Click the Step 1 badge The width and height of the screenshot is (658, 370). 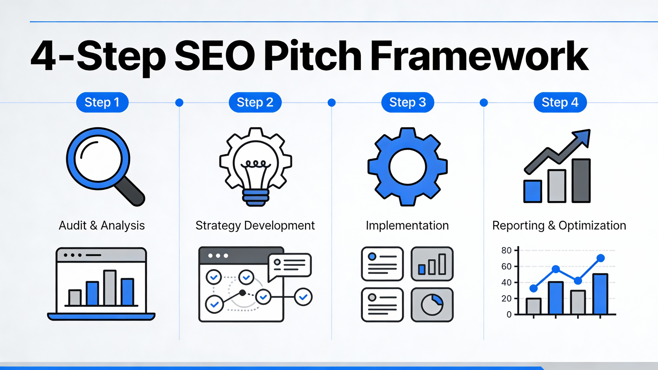pos(102,103)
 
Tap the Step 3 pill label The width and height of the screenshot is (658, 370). pos(407,103)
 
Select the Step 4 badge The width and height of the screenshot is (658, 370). pos(560,103)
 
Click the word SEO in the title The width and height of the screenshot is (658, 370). pos(215,56)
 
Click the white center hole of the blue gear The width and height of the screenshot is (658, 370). pos(407,167)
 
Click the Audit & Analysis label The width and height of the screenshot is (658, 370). pos(102,225)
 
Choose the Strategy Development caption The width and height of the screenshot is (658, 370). pos(255,225)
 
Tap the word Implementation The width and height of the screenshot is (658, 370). pos(407,225)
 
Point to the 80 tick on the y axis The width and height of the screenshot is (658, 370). pos(506,250)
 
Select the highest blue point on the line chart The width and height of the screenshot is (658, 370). pos(601,258)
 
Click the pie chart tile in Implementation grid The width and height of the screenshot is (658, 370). pos(432,305)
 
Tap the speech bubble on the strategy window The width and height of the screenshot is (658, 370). pos(290,265)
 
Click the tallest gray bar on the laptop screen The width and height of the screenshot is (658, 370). pos(110,288)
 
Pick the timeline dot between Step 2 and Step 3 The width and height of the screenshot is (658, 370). pos(331,103)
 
